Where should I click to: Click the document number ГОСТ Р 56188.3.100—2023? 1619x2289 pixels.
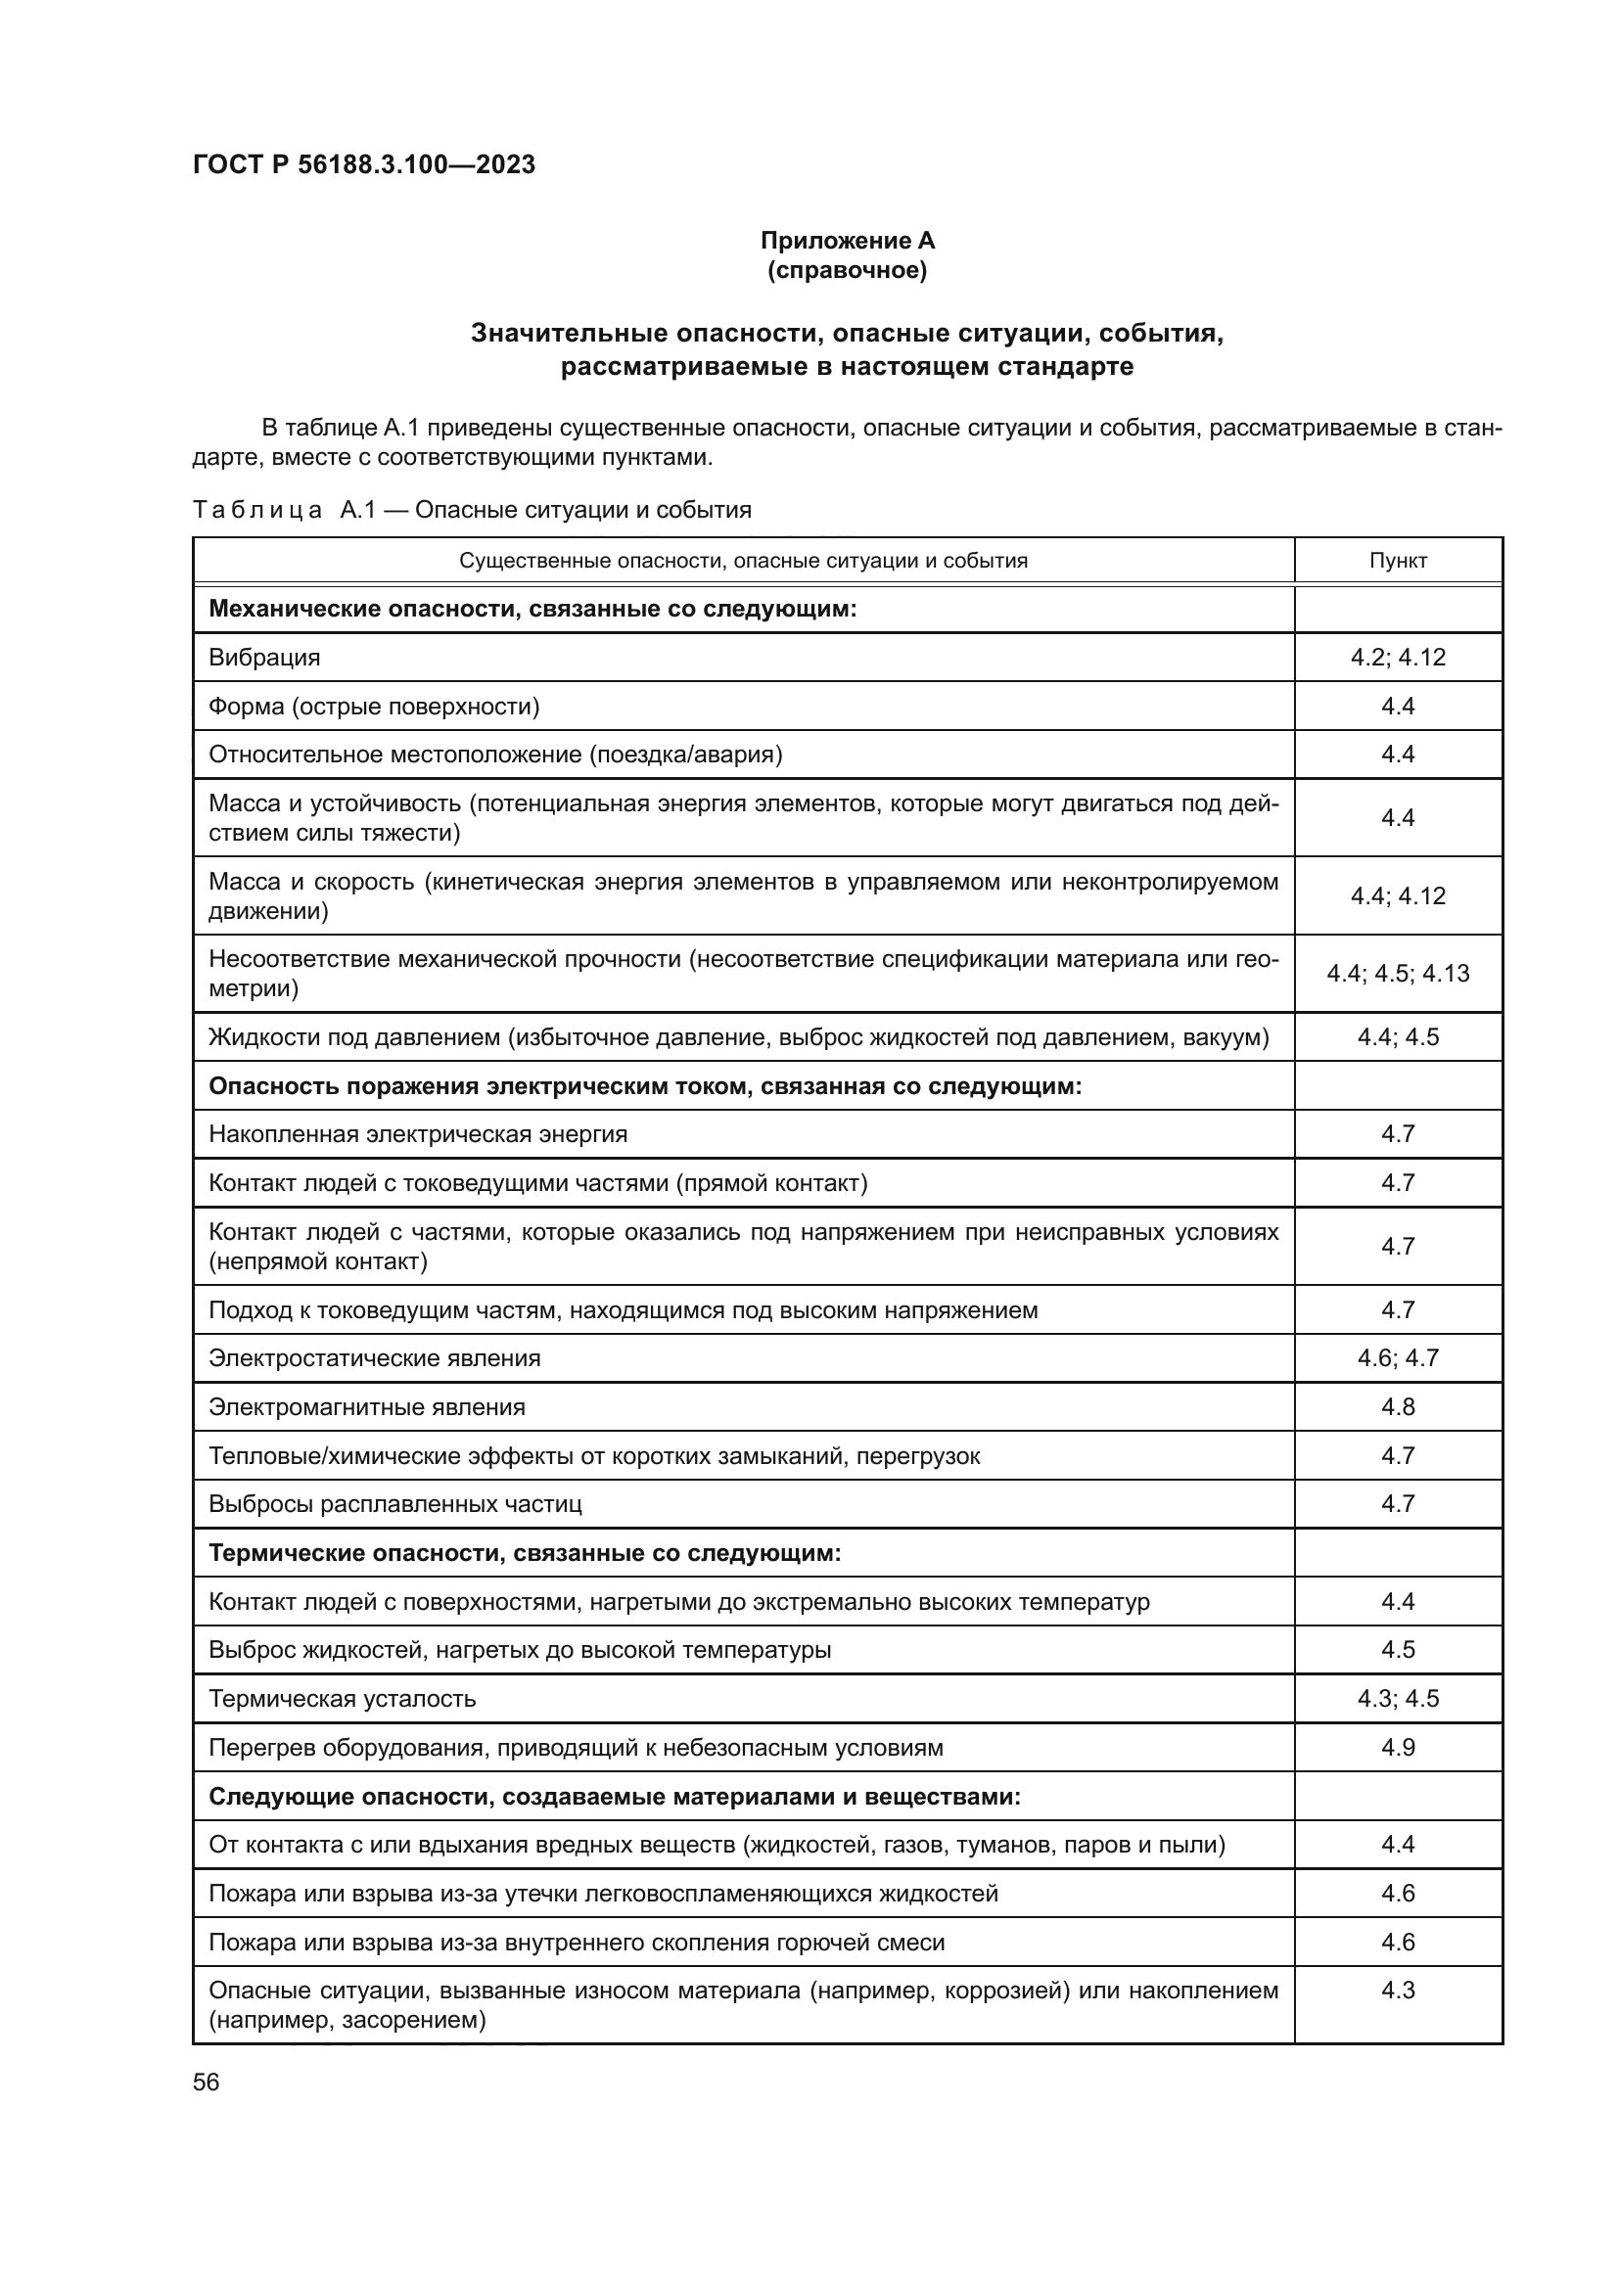click(x=364, y=164)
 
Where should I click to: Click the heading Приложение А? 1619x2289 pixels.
click(x=847, y=241)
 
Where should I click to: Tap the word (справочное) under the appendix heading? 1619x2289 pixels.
click(x=847, y=270)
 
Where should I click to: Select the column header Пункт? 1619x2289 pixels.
click(x=1398, y=561)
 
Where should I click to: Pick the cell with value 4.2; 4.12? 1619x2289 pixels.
click(x=1398, y=657)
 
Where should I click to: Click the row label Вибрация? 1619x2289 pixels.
click(x=264, y=657)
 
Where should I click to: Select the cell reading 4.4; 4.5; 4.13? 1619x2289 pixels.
click(x=1398, y=973)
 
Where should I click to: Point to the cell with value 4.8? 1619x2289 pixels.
click(x=1398, y=1406)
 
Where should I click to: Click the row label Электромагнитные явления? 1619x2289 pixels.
click(x=367, y=1406)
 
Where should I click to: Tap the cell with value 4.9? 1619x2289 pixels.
click(x=1398, y=1748)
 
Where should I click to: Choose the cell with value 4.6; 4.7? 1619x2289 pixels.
click(x=1398, y=1358)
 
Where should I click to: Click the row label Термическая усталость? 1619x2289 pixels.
click(x=342, y=1699)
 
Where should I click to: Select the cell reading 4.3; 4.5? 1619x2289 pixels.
click(x=1398, y=1699)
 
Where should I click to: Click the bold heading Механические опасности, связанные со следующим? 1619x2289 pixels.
click(x=532, y=608)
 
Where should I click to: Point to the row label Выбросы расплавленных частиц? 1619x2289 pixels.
click(x=394, y=1504)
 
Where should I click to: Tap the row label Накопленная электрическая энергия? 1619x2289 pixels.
click(x=418, y=1134)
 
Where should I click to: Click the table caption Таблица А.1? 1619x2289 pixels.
click(x=471, y=511)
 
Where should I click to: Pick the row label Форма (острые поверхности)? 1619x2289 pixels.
click(x=374, y=707)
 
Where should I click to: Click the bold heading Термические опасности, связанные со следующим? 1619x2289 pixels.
click(x=525, y=1553)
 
